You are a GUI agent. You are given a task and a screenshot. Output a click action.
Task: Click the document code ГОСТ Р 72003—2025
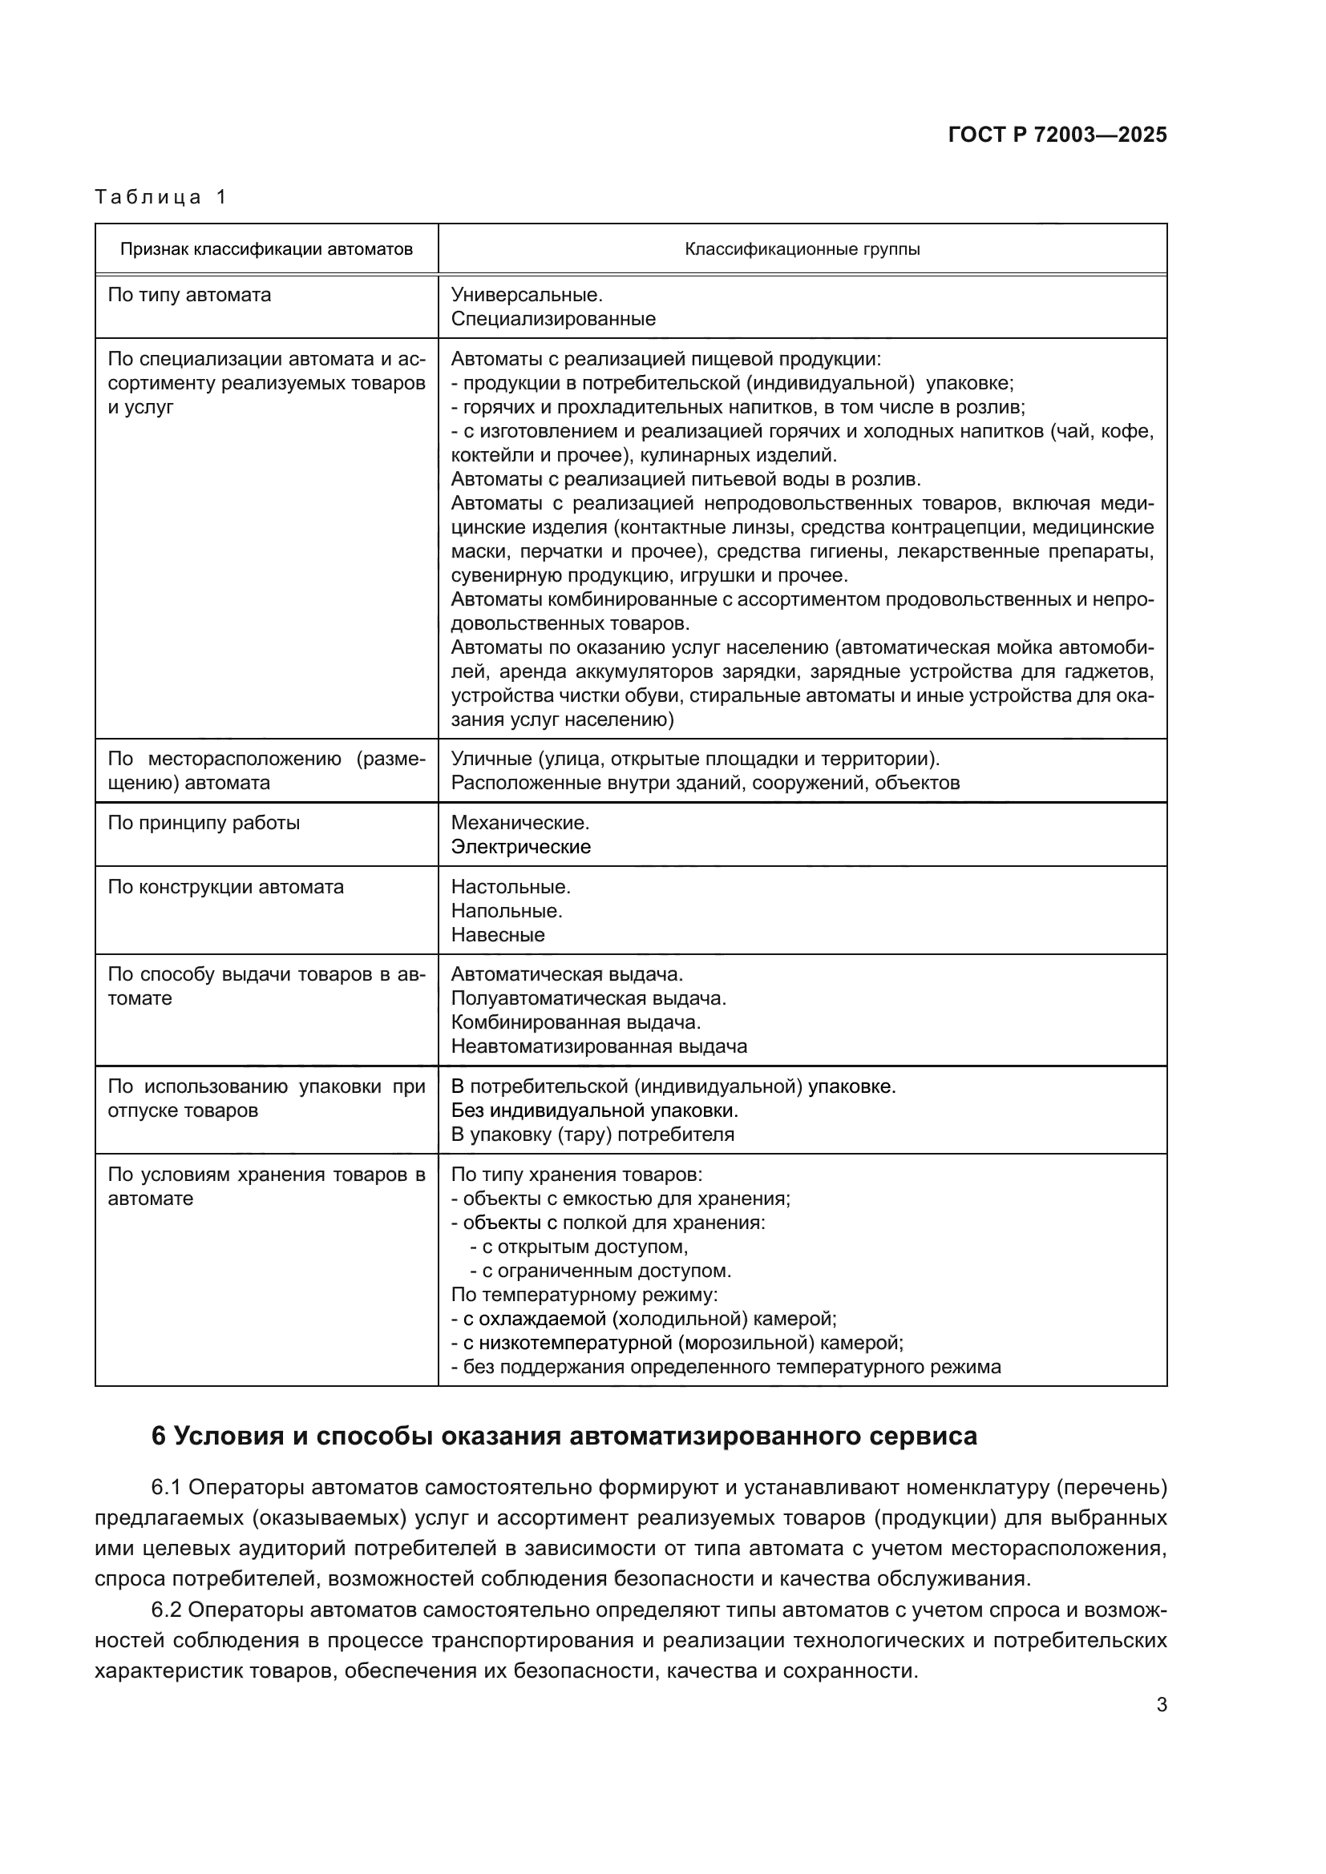[x=1057, y=135]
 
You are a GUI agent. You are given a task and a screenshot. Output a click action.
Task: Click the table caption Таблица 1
[x=161, y=197]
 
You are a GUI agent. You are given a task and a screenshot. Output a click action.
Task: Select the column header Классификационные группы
[x=802, y=249]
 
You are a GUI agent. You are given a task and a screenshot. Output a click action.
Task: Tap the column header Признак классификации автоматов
[x=266, y=249]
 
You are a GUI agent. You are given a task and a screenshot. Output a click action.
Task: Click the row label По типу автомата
[x=189, y=295]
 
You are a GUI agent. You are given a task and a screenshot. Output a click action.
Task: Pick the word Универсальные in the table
[x=526, y=295]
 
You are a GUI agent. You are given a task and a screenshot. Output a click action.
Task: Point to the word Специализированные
[x=553, y=319]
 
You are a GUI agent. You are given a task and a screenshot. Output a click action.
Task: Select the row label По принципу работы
[x=204, y=823]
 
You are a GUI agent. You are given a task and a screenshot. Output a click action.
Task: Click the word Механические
[x=519, y=823]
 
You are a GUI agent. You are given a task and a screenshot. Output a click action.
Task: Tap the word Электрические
[x=520, y=847]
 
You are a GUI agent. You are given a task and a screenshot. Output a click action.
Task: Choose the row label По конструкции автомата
[x=225, y=887]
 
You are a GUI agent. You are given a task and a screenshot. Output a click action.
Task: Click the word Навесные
[x=497, y=935]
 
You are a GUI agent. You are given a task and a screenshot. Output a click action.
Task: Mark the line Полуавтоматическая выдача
[x=588, y=999]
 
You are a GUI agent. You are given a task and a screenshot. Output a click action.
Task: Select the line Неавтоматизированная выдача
[x=599, y=1047]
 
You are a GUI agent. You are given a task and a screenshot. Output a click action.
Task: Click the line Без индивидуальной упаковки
[x=594, y=1110]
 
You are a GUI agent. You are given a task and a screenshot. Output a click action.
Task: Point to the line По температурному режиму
[x=584, y=1296]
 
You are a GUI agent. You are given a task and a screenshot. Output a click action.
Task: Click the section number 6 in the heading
[x=160, y=1437]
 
